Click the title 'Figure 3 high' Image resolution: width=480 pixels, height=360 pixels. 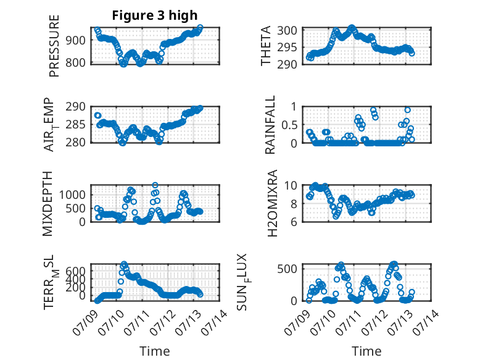[x=155, y=15]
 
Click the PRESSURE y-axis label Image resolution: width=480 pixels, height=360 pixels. [x=54, y=46]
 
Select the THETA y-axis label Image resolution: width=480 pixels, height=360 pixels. [x=266, y=46]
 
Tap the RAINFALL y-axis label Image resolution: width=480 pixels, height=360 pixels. [x=270, y=124]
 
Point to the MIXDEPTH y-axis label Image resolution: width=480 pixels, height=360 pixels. [x=48, y=203]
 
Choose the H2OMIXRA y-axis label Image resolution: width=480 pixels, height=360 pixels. [x=272, y=203]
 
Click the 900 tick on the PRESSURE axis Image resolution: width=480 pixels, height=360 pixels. [x=75, y=40]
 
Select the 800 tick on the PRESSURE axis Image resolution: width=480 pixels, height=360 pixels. [x=75, y=62]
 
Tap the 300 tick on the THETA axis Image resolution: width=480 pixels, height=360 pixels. [x=287, y=30]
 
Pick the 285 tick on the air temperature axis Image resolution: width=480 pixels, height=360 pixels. [x=75, y=125]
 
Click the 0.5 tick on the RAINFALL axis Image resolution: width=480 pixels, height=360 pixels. [x=289, y=125]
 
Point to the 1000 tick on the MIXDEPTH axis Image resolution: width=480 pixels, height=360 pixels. [x=72, y=195]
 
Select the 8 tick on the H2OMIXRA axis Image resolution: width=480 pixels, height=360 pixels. [x=294, y=203]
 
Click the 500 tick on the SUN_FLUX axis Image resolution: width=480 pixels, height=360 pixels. [x=287, y=269]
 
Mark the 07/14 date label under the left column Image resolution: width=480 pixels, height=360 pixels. [x=215, y=322]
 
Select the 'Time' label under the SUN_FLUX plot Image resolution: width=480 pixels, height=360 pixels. [x=366, y=351]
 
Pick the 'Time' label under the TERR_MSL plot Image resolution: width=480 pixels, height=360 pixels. [x=155, y=351]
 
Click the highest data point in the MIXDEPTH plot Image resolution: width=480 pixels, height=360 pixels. [x=155, y=185]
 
